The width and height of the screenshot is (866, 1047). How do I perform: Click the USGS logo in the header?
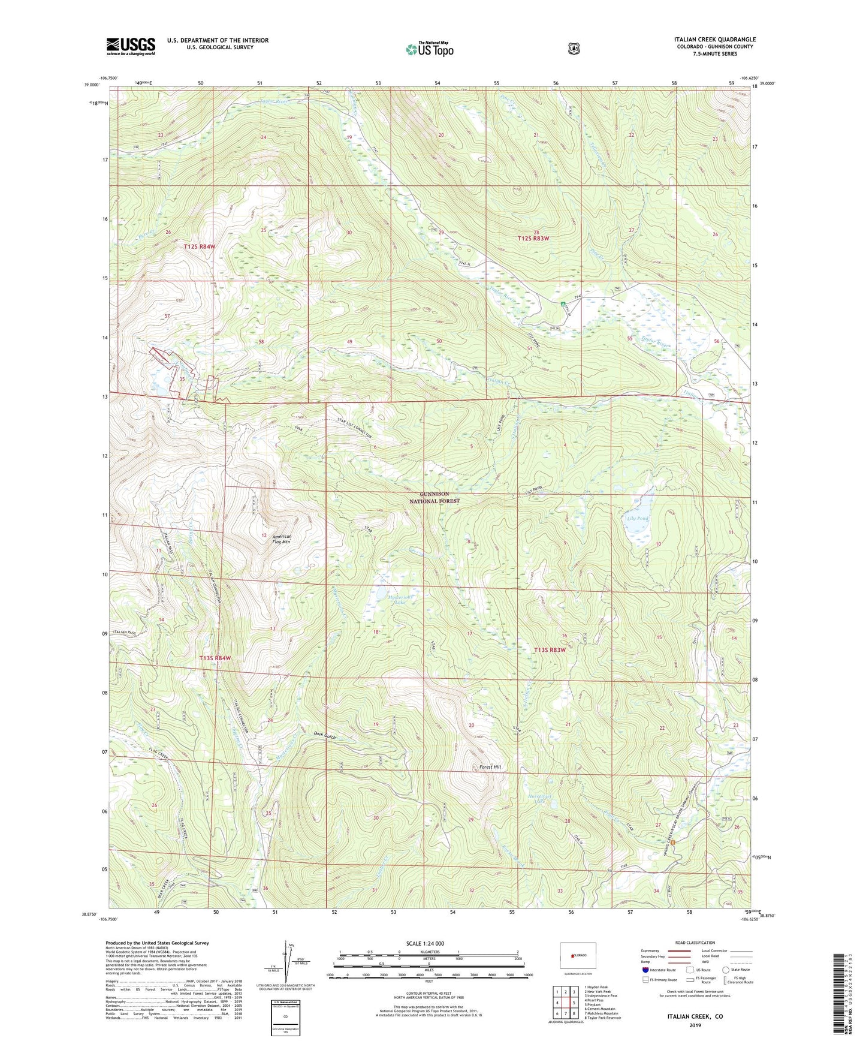131,46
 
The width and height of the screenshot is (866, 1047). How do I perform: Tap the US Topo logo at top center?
429,49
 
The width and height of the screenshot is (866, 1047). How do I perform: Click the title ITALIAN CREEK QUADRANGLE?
706,40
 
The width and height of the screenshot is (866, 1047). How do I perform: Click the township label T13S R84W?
215,658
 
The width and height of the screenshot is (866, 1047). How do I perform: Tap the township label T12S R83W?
533,238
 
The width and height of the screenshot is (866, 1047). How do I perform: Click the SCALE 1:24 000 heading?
425,943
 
